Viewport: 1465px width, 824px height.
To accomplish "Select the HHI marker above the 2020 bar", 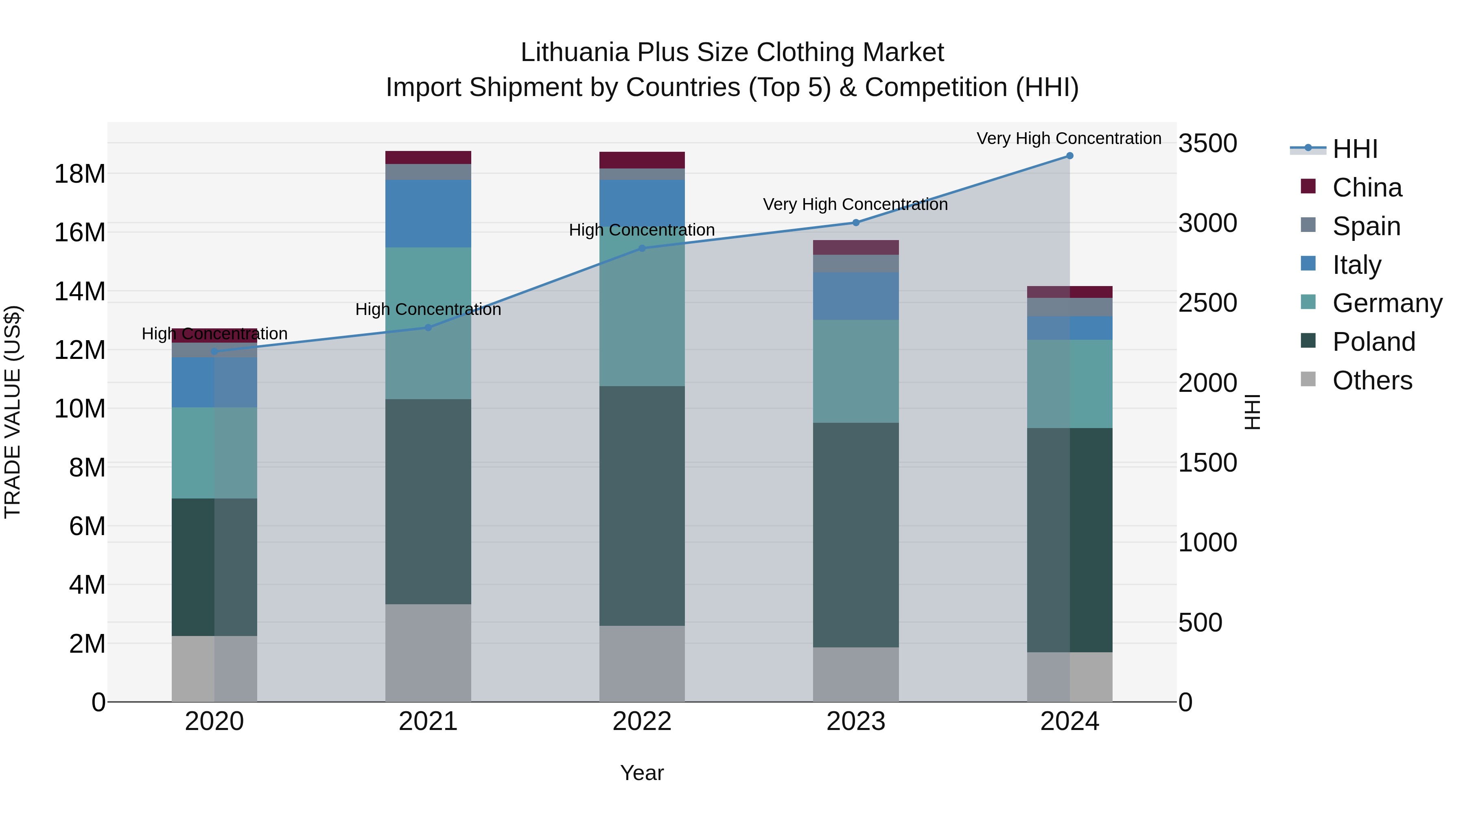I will coord(214,352).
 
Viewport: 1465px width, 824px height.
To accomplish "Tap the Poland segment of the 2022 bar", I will coord(642,506).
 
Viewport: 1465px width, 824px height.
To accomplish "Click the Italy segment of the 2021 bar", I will coord(428,213).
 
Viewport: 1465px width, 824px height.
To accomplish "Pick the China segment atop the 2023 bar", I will coord(855,247).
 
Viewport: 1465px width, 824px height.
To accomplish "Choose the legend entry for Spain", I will coord(1366,226).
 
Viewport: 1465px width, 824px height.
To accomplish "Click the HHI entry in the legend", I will coord(1355,149).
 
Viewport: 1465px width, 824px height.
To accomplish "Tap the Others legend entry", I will coord(1372,380).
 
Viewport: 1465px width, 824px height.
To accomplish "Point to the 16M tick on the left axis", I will coord(80,233).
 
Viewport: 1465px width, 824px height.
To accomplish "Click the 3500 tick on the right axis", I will coord(1207,143).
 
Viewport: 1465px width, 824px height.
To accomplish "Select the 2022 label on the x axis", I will coord(642,721).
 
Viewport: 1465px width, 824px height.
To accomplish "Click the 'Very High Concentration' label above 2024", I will coord(1069,138).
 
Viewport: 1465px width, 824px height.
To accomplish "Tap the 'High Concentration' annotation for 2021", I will coord(428,309).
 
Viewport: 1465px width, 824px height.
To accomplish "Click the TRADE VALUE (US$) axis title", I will coord(13,412).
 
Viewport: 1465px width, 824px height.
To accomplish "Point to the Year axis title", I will coord(642,773).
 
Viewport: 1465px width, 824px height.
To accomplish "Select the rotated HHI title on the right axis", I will coord(1252,412).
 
